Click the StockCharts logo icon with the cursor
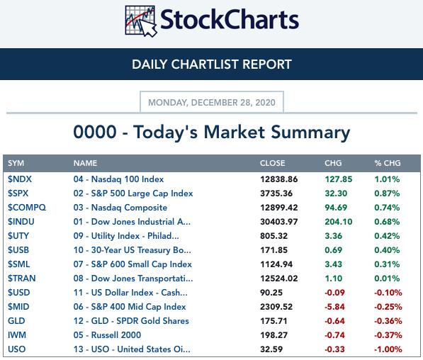point(140,21)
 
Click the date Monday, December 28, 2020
point(212,103)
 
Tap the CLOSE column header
point(273,163)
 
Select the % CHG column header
point(388,163)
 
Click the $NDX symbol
point(20,179)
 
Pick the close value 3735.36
point(276,193)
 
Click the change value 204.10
point(339,222)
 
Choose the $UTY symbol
point(18,236)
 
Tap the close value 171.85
point(273,250)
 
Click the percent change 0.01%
point(387,279)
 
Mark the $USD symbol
point(19,293)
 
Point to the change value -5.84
point(334,307)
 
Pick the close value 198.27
point(273,335)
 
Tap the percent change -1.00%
point(388,349)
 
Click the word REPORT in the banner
point(267,64)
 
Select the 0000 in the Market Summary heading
point(95,133)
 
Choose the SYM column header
point(16,163)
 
